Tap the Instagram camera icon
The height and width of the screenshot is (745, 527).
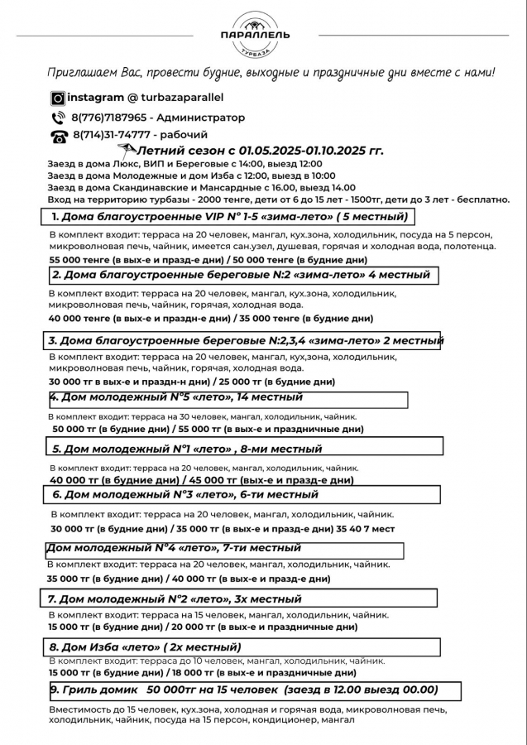point(58,98)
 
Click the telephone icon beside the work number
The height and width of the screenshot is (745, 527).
point(58,136)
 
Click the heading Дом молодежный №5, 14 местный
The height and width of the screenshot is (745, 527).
point(176,397)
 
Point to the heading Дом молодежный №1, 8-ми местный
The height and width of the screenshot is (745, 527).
point(187,449)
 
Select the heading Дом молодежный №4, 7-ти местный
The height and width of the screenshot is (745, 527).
point(174,548)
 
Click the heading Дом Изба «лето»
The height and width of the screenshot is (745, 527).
point(145,647)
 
